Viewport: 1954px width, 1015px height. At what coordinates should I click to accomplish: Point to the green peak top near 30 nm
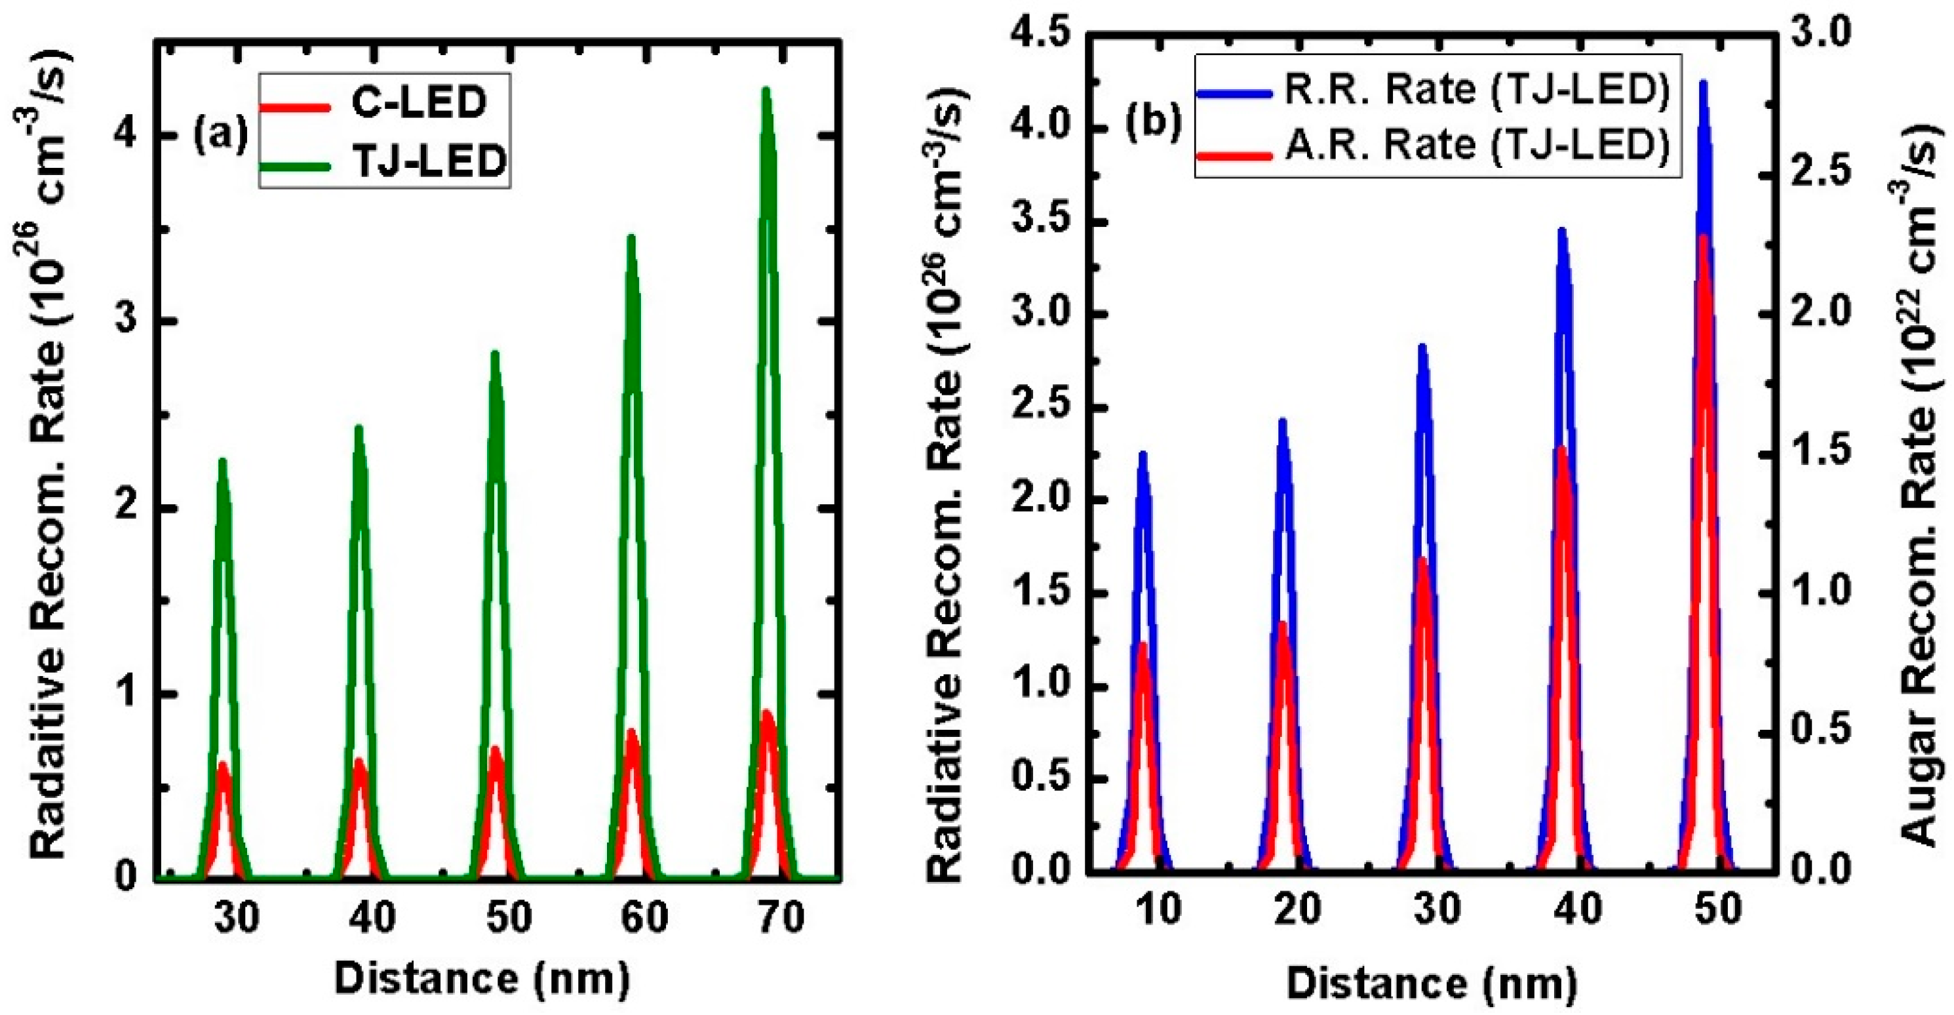[223, 460]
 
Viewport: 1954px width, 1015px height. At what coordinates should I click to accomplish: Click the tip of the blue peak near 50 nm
[1704, 83]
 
